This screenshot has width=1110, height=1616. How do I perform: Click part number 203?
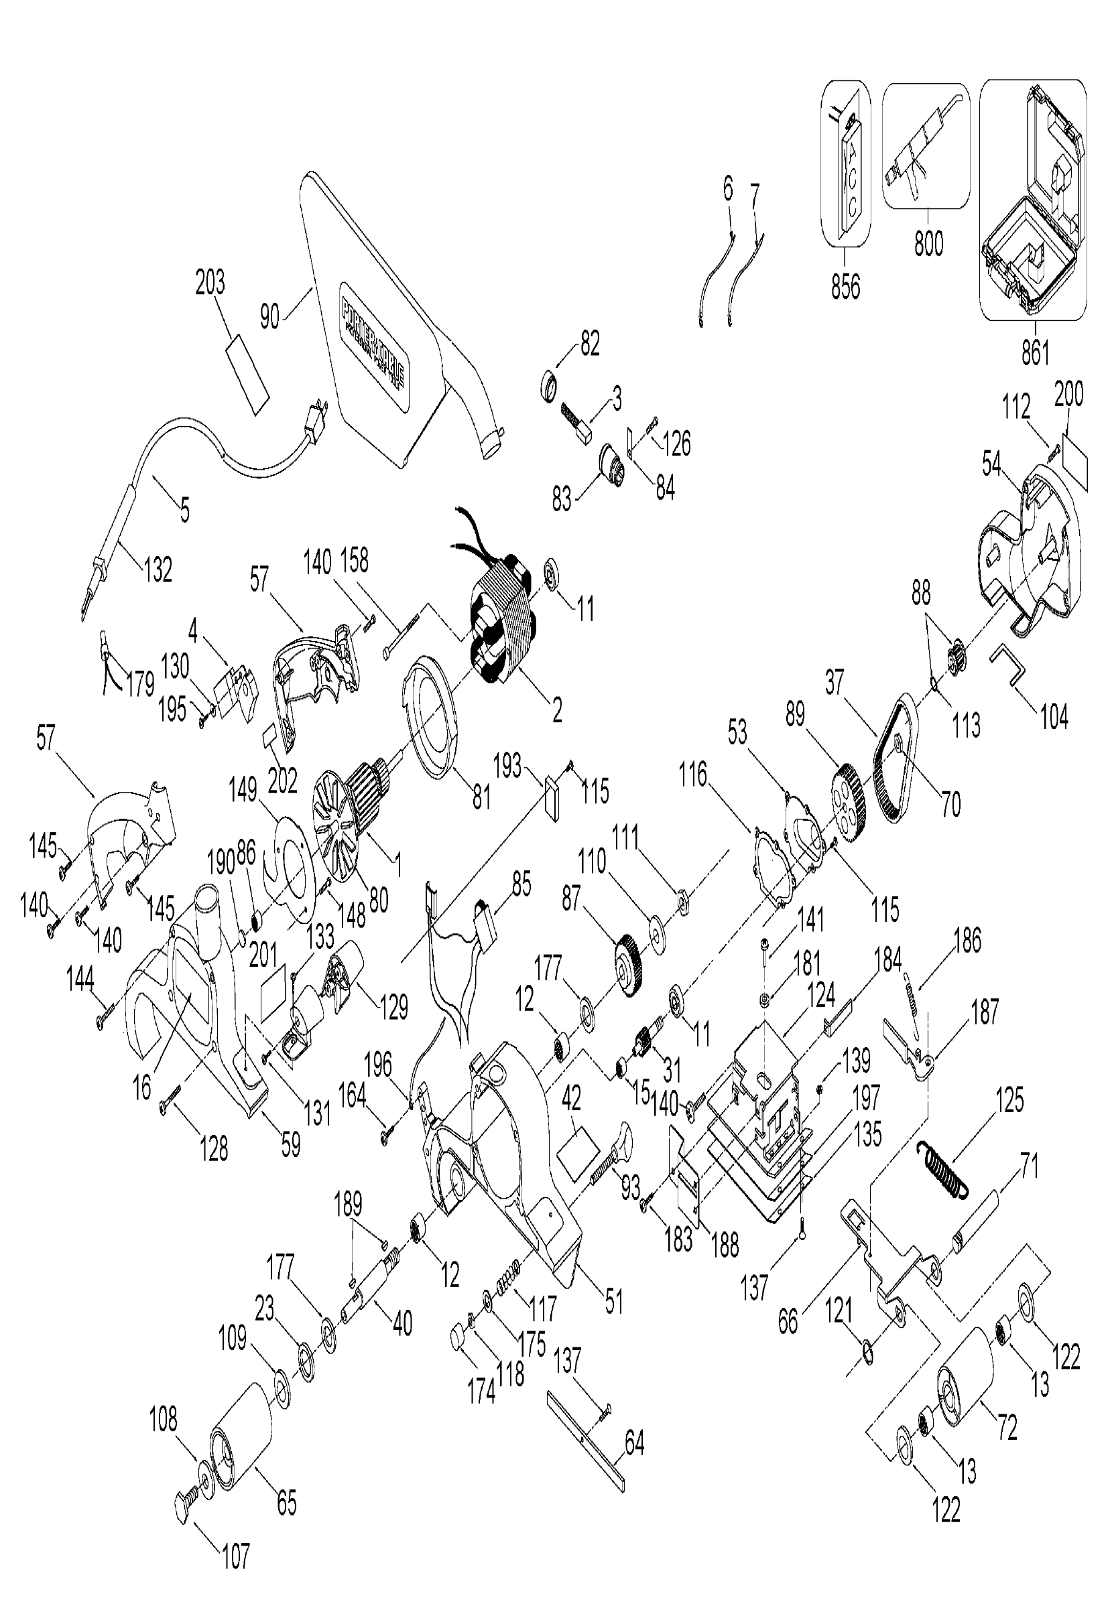pos(210,282)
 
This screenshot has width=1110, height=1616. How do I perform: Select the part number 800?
pos(928,243)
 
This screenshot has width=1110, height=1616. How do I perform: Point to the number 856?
pos(845,285)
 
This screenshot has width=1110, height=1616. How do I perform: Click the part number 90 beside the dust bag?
pos(270,316)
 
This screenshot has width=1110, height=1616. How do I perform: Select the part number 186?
pos(967,941)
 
